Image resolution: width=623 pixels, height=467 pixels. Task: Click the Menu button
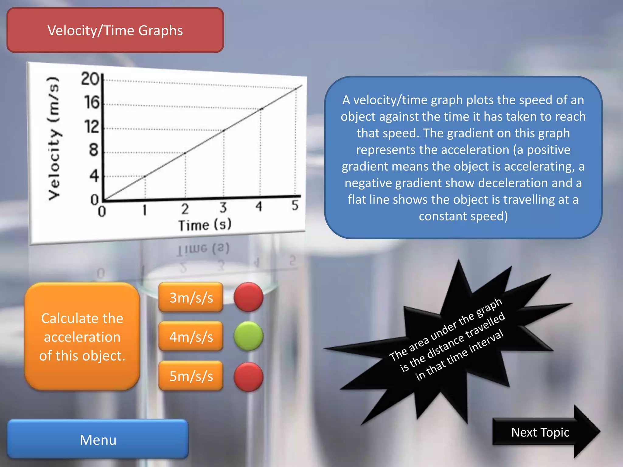pyautogui.click(x=98, y=439)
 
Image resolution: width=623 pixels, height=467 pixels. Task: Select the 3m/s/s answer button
pyautogui.click(x=191, y=297)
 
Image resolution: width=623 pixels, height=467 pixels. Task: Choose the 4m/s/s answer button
pyautogui.click(x=191, y=337)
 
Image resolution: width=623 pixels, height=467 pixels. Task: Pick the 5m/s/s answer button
pyautogui.click(x=191, y=376)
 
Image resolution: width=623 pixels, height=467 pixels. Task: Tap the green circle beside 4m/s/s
pyautogui.click(x=248, y=336)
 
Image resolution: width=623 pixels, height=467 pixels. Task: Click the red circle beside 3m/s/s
pyautogui.click(x=248, y=297)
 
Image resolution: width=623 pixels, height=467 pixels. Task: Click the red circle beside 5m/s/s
pyautogui.click(x=248, y=377)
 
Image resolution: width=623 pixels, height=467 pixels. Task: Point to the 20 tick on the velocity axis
pyautogui.click(x=90, y=79)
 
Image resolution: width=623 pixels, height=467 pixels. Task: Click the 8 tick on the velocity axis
pyautogui.click(x=94, y=150)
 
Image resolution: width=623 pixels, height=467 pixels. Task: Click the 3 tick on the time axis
pyautogui.click(x=223, y=208)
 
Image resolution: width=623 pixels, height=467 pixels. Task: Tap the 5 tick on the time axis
pyautogui.click(x=295, y=205)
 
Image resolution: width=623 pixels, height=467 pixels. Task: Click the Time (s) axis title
pyautogui.click(x=205, y=225)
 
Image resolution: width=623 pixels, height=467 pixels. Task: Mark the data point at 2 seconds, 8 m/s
pyautogui.click(x=185, y=153)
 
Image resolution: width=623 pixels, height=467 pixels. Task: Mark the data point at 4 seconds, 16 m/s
pyautogui.click(x=261, y=109)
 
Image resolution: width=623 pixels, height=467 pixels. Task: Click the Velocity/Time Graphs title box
pyautogui.click(x=115, y=30)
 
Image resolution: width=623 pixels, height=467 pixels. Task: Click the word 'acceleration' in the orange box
pyautogui.click(x=82, y=337)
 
